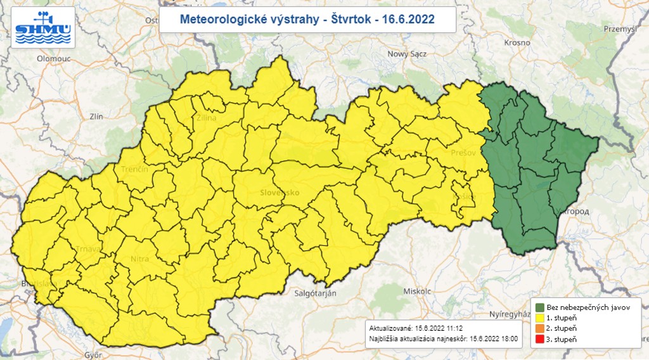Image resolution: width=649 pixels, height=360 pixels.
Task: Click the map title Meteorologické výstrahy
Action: tap(252, 19)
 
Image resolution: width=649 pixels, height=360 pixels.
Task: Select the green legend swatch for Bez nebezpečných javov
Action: tap(540, 307)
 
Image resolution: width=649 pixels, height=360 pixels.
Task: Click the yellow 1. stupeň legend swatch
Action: tap(540, 318)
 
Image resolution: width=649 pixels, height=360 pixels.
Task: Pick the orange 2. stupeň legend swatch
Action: tap(540, 329)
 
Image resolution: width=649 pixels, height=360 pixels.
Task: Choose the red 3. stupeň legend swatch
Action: tap(540, 340)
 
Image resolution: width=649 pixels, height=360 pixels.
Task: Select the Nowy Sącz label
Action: tap(407, 54)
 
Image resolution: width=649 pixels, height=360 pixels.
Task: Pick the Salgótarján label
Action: tap(315, 293)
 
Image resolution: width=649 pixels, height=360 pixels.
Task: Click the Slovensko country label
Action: tap(280, 192)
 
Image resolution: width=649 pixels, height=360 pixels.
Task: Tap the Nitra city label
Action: tap(139, 259)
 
